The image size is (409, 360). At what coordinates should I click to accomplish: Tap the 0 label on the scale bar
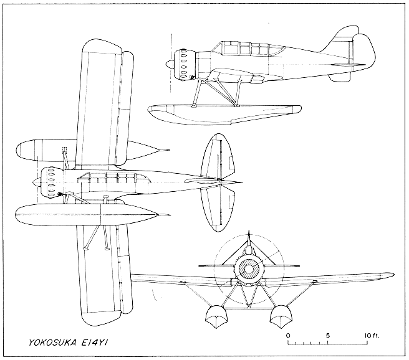coord(288,335)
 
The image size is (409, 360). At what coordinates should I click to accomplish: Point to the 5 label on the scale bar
coord(328,335)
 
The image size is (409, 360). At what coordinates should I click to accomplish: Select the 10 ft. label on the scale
coord(372,335)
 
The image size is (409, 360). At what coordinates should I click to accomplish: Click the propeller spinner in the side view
coord(170,64)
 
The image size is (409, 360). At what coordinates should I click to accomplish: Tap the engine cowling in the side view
coord(185,64)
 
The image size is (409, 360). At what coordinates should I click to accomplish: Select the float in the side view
coord(224,115)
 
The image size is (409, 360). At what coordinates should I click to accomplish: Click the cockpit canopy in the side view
coord(251,49)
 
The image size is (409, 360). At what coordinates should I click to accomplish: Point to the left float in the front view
coord(216,317)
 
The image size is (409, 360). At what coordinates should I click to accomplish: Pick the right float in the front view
coord(280,317)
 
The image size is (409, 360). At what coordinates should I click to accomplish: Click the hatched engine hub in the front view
coord(249,269)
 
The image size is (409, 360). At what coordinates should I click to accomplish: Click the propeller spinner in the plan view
coord(37,182)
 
